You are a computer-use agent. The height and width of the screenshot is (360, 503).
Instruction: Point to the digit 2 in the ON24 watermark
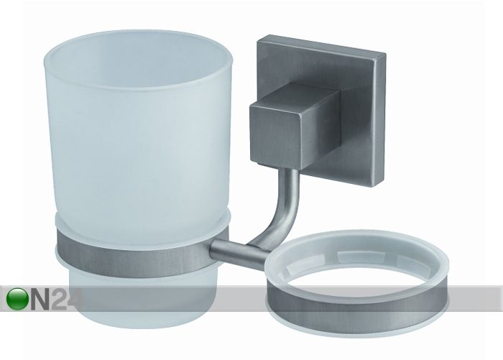(x=60, y=300)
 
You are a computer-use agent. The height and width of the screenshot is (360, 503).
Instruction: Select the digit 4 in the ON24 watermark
(x=75, y=300)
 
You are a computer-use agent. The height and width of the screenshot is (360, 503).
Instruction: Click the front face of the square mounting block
(x=276, y=135)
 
